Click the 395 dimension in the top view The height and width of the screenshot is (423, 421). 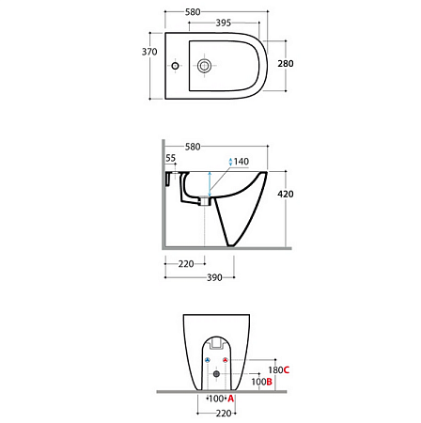pos(224,23)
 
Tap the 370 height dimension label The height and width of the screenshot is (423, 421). pos(149,52)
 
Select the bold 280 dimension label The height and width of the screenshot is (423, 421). pos(286,64)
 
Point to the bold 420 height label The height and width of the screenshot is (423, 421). pos(286,195)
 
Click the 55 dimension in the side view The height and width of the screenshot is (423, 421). pos(171,158)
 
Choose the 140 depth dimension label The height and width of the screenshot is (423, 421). pos(242,162)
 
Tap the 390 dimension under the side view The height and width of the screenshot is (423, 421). pos(214,277)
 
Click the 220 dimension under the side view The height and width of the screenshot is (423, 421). pos(186,264)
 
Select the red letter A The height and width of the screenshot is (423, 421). pos(231,399)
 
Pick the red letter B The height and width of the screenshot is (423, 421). pos(269,382)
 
